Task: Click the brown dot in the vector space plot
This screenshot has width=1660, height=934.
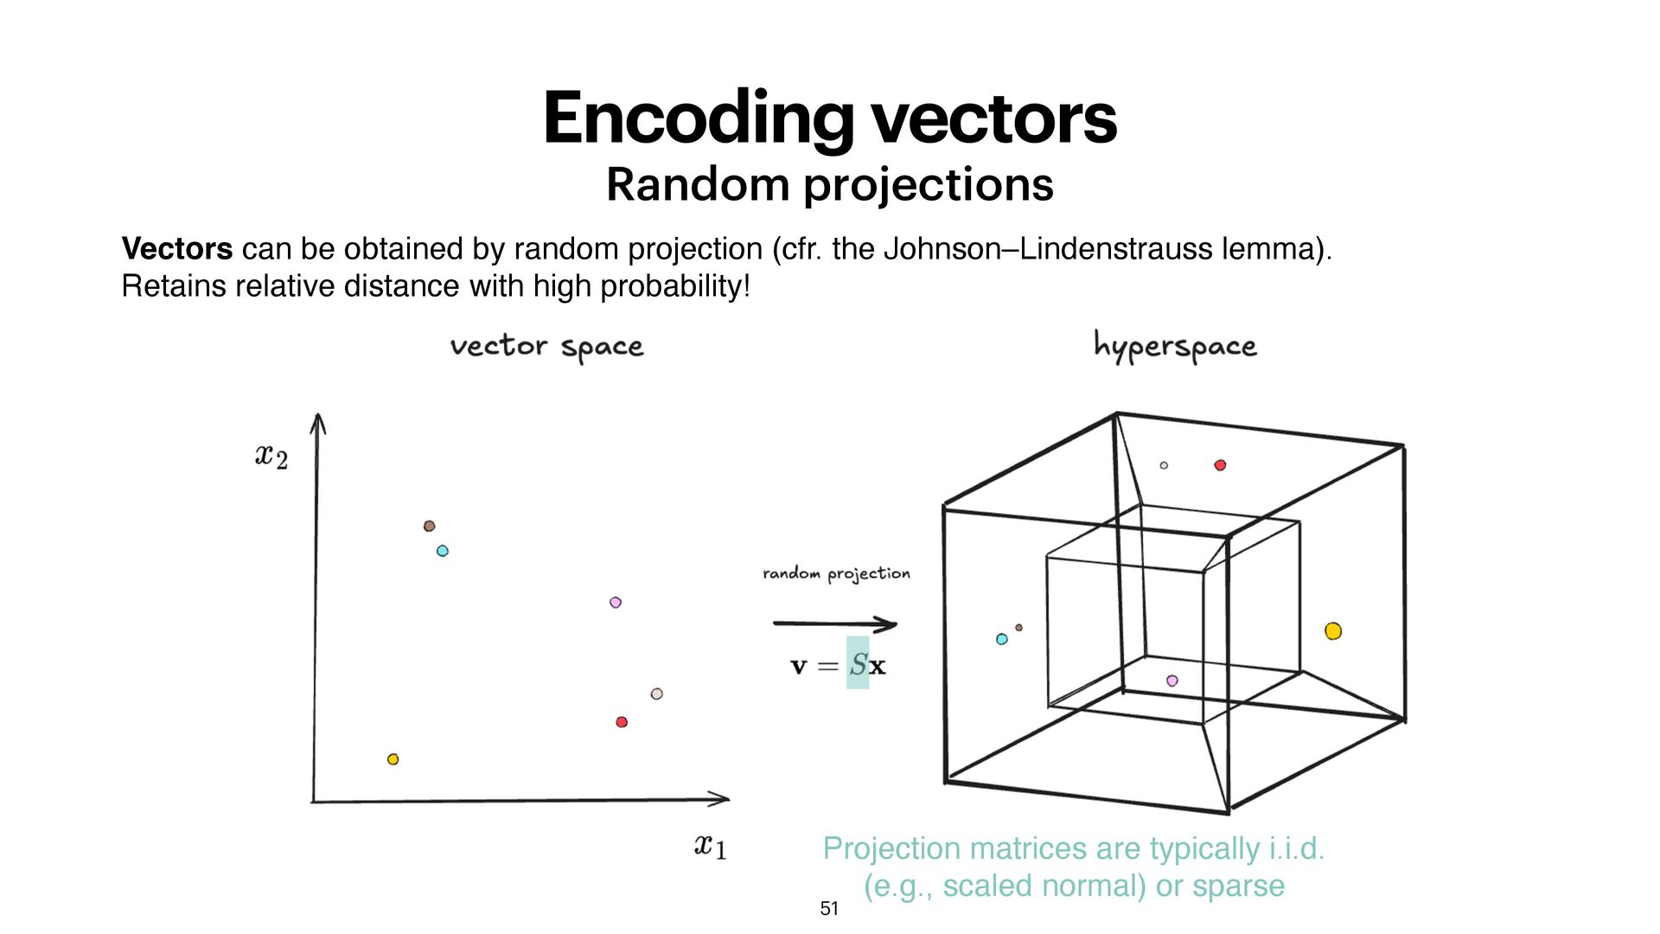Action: coord(429,526)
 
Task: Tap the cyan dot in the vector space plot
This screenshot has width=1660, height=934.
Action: coord(443,551)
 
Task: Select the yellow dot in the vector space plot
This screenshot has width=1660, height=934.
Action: coord(393,759)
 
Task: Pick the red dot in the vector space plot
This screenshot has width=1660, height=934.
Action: coord(622,722)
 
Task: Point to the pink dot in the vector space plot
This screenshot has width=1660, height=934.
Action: coord(616,603)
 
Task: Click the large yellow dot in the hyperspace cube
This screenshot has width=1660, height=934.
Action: coord(1333,631)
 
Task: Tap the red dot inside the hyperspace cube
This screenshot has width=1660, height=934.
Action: coord(1220,465)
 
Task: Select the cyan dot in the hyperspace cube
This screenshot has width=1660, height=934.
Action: coord(1002,639)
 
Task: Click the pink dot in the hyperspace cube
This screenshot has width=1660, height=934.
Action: coord(1172,681)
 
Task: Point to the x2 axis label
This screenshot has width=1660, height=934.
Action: coord(271,457)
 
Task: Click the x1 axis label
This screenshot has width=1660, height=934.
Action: coord(710,846)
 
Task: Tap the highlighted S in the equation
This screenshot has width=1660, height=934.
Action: coord(858,664)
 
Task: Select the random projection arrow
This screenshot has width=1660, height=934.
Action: coord(835,624)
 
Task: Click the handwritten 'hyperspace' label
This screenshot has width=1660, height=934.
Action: coord(1175,347)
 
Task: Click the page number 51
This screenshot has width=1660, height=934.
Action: coord(829,909)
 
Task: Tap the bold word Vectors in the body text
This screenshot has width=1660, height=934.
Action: coord(177,249)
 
